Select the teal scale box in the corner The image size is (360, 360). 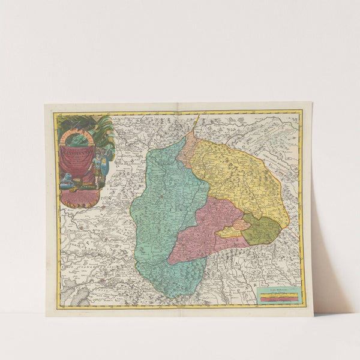click(x=277, y=295)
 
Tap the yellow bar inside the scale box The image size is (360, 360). click(x=277, y=294)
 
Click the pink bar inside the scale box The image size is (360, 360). click(x=277, y=297)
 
